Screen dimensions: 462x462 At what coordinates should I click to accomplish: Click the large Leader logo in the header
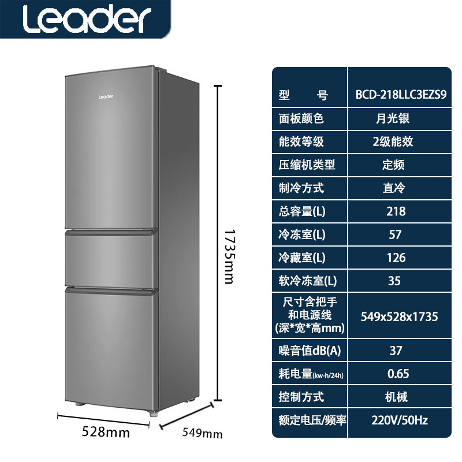pos(86,20)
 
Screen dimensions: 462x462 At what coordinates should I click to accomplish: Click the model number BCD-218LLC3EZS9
pos(398,95)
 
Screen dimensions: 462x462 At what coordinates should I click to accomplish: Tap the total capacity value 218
pos(396,211)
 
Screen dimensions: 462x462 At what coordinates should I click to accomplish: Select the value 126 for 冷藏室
pos(396,258)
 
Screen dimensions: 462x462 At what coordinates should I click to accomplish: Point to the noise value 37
pos(396,351)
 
